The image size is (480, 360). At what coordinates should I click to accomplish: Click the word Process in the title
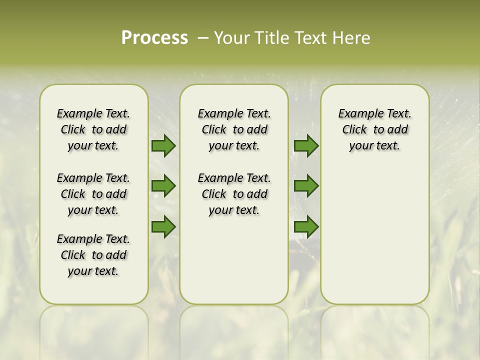pos(154,37)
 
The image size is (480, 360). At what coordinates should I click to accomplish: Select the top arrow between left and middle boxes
pos(163,145)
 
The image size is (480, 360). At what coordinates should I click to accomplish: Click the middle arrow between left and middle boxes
pos(163,186)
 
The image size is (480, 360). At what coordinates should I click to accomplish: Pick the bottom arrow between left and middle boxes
pos(163,226)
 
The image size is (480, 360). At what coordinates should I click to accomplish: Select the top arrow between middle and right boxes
pos(305,145)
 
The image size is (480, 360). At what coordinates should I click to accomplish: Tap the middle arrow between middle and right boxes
pos(305,186)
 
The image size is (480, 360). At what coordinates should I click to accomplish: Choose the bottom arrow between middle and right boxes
pos(305,226)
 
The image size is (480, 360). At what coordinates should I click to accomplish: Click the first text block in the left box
pos(93,129)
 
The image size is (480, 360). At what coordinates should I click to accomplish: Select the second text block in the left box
pos(93,194)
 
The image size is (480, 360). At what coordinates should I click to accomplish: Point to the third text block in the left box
pos(93,255)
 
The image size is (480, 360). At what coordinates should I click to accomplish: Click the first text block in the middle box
pos(234,129)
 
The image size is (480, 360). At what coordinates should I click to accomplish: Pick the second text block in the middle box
pos(234,194)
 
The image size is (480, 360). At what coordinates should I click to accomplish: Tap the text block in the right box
pos(374,129)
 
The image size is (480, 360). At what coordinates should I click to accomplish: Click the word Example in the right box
pos(357,114)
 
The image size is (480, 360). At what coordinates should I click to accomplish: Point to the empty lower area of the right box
pos(374,235)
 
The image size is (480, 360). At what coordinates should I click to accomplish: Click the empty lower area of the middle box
pos(234,260)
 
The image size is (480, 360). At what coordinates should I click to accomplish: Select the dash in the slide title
pos(203,37)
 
